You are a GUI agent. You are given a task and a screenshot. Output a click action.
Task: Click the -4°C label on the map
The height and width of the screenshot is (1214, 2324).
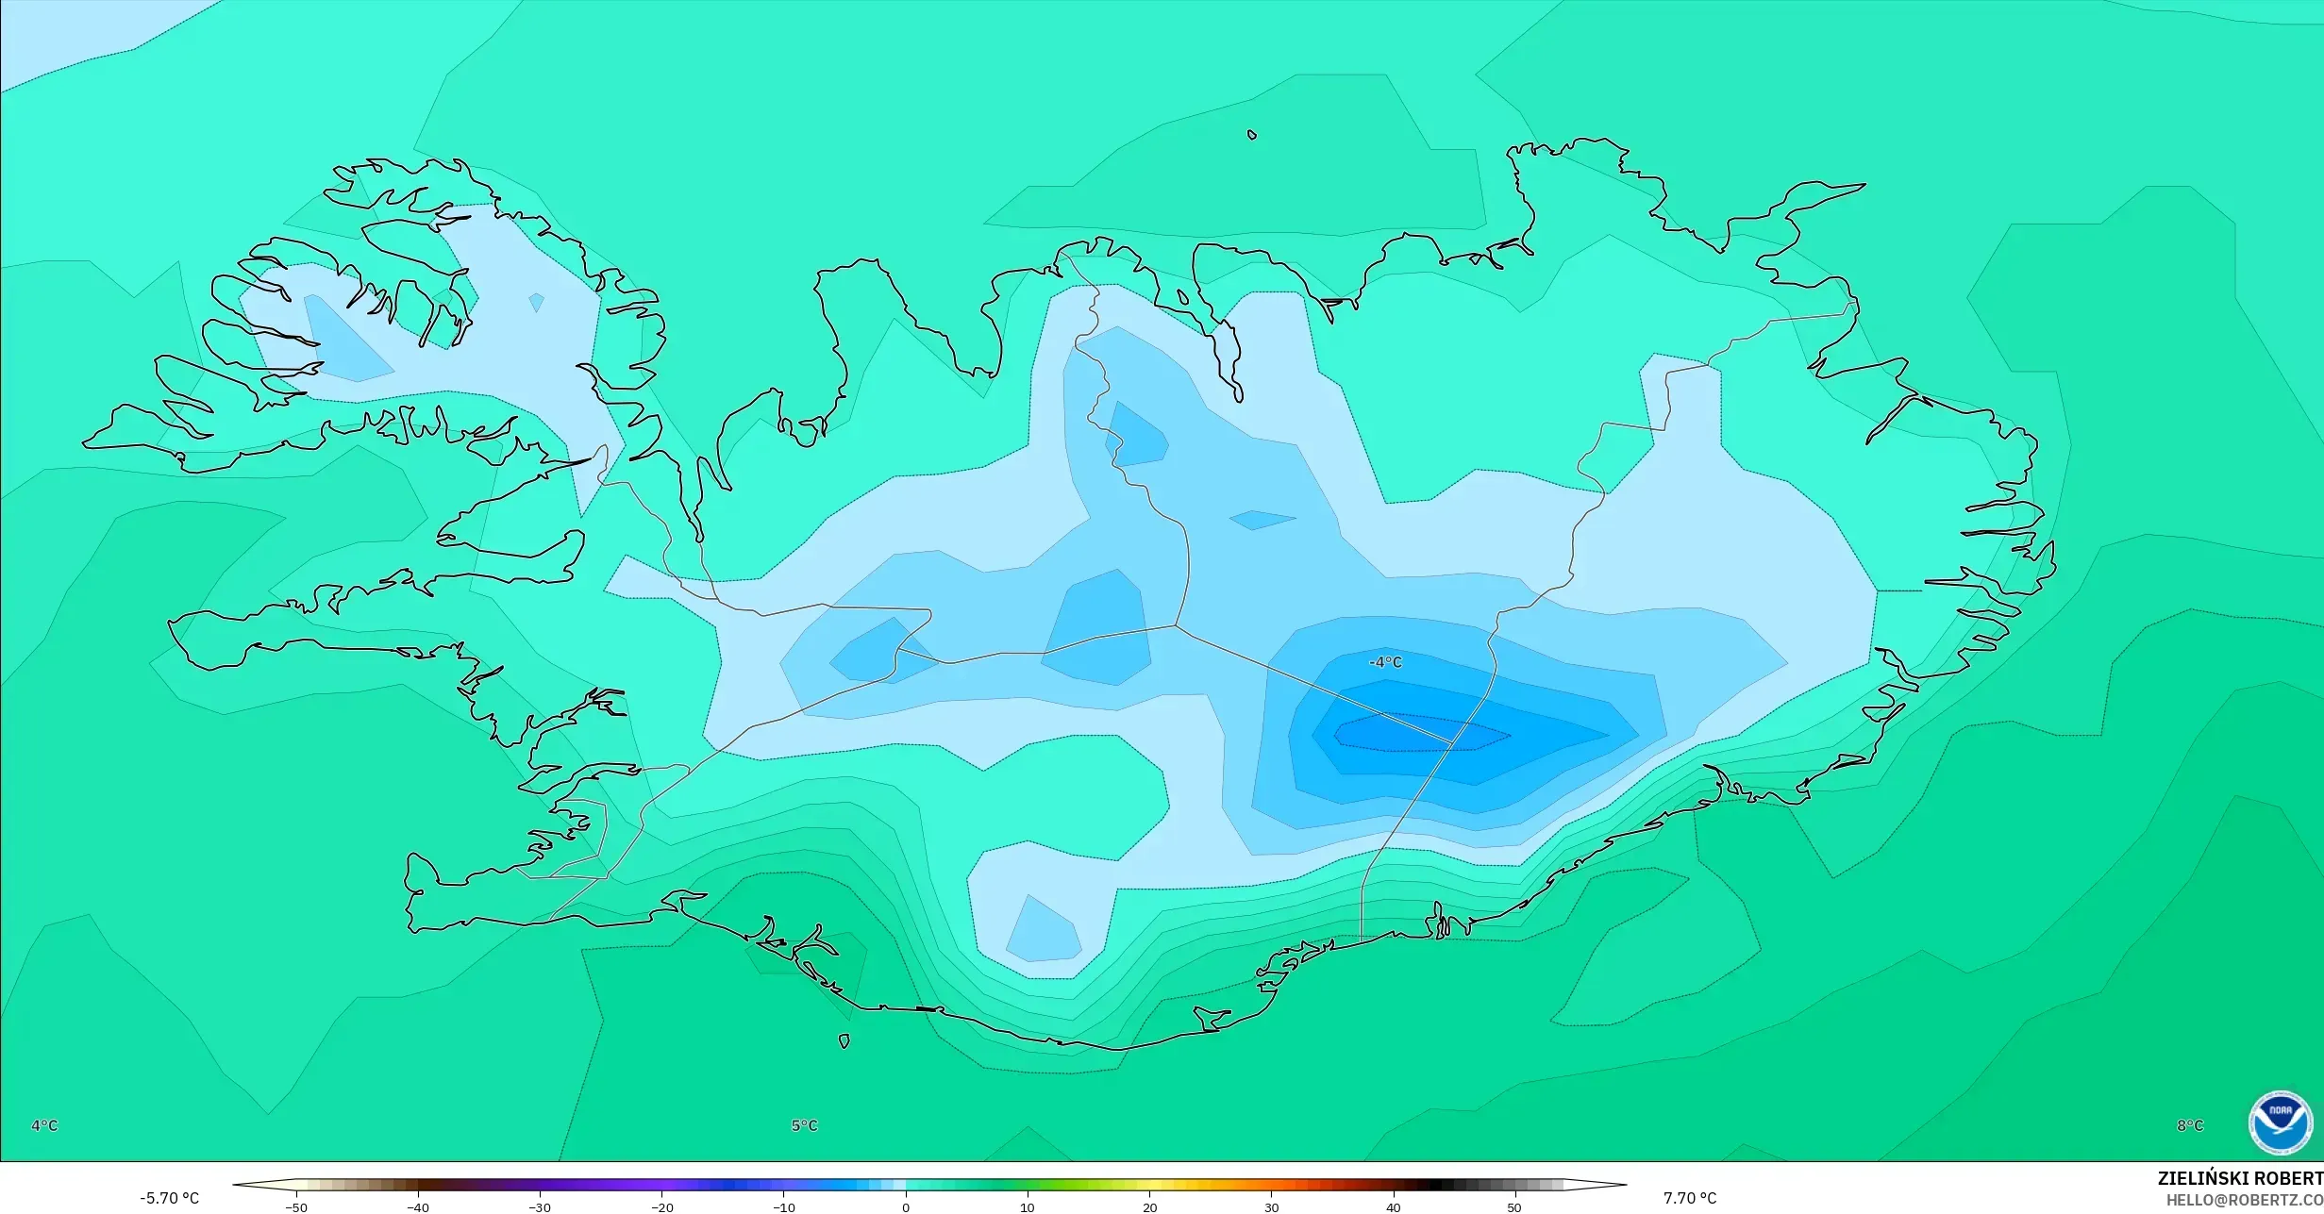(1385, 663)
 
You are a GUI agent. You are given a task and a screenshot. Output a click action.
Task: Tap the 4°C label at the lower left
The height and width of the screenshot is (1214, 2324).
(44, 1125)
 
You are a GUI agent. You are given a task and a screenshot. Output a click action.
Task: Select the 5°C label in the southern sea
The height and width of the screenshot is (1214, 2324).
(804, 1125)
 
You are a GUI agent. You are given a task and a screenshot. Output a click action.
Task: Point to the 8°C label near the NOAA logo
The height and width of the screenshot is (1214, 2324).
(2190, 1125)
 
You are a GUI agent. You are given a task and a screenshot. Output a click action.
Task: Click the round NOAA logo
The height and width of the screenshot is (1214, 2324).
(2281, 1123)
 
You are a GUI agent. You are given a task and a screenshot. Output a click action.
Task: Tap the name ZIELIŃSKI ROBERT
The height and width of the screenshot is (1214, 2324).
(2240, 1178)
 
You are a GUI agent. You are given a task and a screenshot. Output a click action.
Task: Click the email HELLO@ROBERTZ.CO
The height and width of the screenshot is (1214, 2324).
(2244, 1200)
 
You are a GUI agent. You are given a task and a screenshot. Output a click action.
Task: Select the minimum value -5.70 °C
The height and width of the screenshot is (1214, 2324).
(170, 1198)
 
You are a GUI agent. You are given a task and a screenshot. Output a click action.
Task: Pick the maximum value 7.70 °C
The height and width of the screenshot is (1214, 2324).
(1690, 1198)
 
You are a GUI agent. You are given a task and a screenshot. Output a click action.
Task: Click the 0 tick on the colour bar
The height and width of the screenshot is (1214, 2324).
(906, 1207)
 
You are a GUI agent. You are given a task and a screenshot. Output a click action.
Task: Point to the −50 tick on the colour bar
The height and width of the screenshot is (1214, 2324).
(296, 1207)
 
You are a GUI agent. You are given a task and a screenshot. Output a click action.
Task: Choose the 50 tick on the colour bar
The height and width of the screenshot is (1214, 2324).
(1514, 1207)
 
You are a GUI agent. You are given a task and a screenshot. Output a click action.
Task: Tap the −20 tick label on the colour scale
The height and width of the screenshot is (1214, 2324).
(662, 1207)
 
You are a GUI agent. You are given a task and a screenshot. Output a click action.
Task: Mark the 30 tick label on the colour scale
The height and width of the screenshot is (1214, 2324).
(1271, 1207)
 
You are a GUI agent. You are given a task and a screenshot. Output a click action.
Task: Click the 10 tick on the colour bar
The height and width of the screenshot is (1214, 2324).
(1028, 1207)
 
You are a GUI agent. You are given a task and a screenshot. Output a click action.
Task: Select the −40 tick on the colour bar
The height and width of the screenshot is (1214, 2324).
(418, 1207)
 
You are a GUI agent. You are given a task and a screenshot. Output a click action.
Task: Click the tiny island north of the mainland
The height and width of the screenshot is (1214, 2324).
(1252, 135)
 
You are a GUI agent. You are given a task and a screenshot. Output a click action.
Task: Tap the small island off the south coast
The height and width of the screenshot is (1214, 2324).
(844, 1041)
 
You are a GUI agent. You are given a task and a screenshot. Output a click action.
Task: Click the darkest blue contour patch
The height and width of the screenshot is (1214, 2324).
(1415, 733)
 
